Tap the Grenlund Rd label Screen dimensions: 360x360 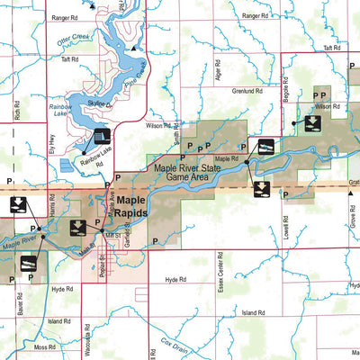point(246,91)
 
